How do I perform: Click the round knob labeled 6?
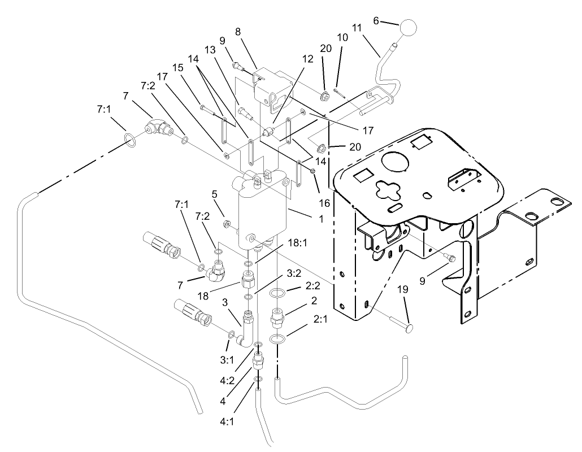[x=409, y=28]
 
